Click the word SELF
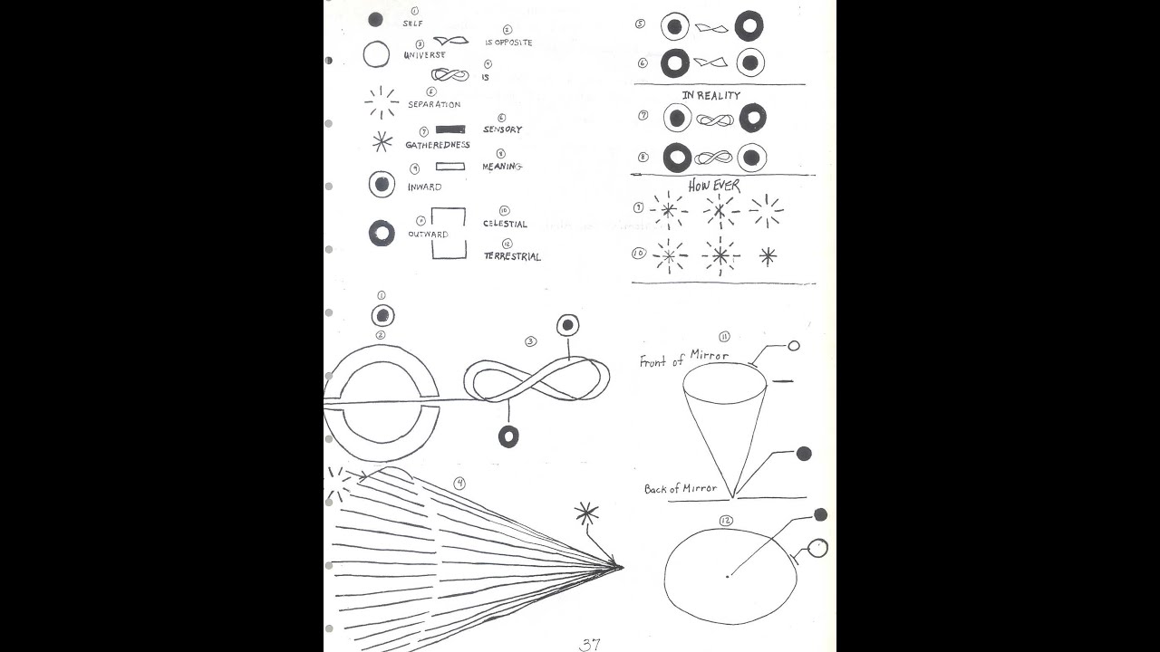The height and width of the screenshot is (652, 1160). [x=412, y=24]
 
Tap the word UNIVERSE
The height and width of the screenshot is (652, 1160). [x=424, y=55]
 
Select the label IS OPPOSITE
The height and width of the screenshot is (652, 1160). [x=508, y=43]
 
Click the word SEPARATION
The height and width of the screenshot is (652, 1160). [x=434, y=104]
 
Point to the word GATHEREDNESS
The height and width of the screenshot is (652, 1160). [x=438, y=145]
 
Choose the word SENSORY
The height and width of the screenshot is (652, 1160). [x=503, y=129]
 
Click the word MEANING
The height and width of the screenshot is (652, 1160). [x=502, y=167]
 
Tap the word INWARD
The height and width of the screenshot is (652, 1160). [x=424, y=187]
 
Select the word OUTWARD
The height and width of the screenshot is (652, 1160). [x=427, y=235]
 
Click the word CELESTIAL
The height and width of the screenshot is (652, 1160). [x=505, y=224]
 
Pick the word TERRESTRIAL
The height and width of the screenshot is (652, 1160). [x=512, y=256]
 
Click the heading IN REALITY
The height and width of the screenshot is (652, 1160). [x=711, y=95]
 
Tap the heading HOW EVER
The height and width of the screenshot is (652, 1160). [x=714, y=186]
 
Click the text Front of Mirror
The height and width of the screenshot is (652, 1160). [x=683, y=358]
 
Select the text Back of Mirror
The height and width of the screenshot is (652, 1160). [x=681, y=489]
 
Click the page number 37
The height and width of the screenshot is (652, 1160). [x=590, y=645]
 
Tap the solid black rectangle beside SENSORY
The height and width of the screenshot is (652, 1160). [x=450, y=129]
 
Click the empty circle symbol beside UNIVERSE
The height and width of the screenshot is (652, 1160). [x=376, y=54]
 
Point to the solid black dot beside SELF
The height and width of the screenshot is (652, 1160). [x=375, y=19]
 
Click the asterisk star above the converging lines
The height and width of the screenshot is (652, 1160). [x=586, y=513]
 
